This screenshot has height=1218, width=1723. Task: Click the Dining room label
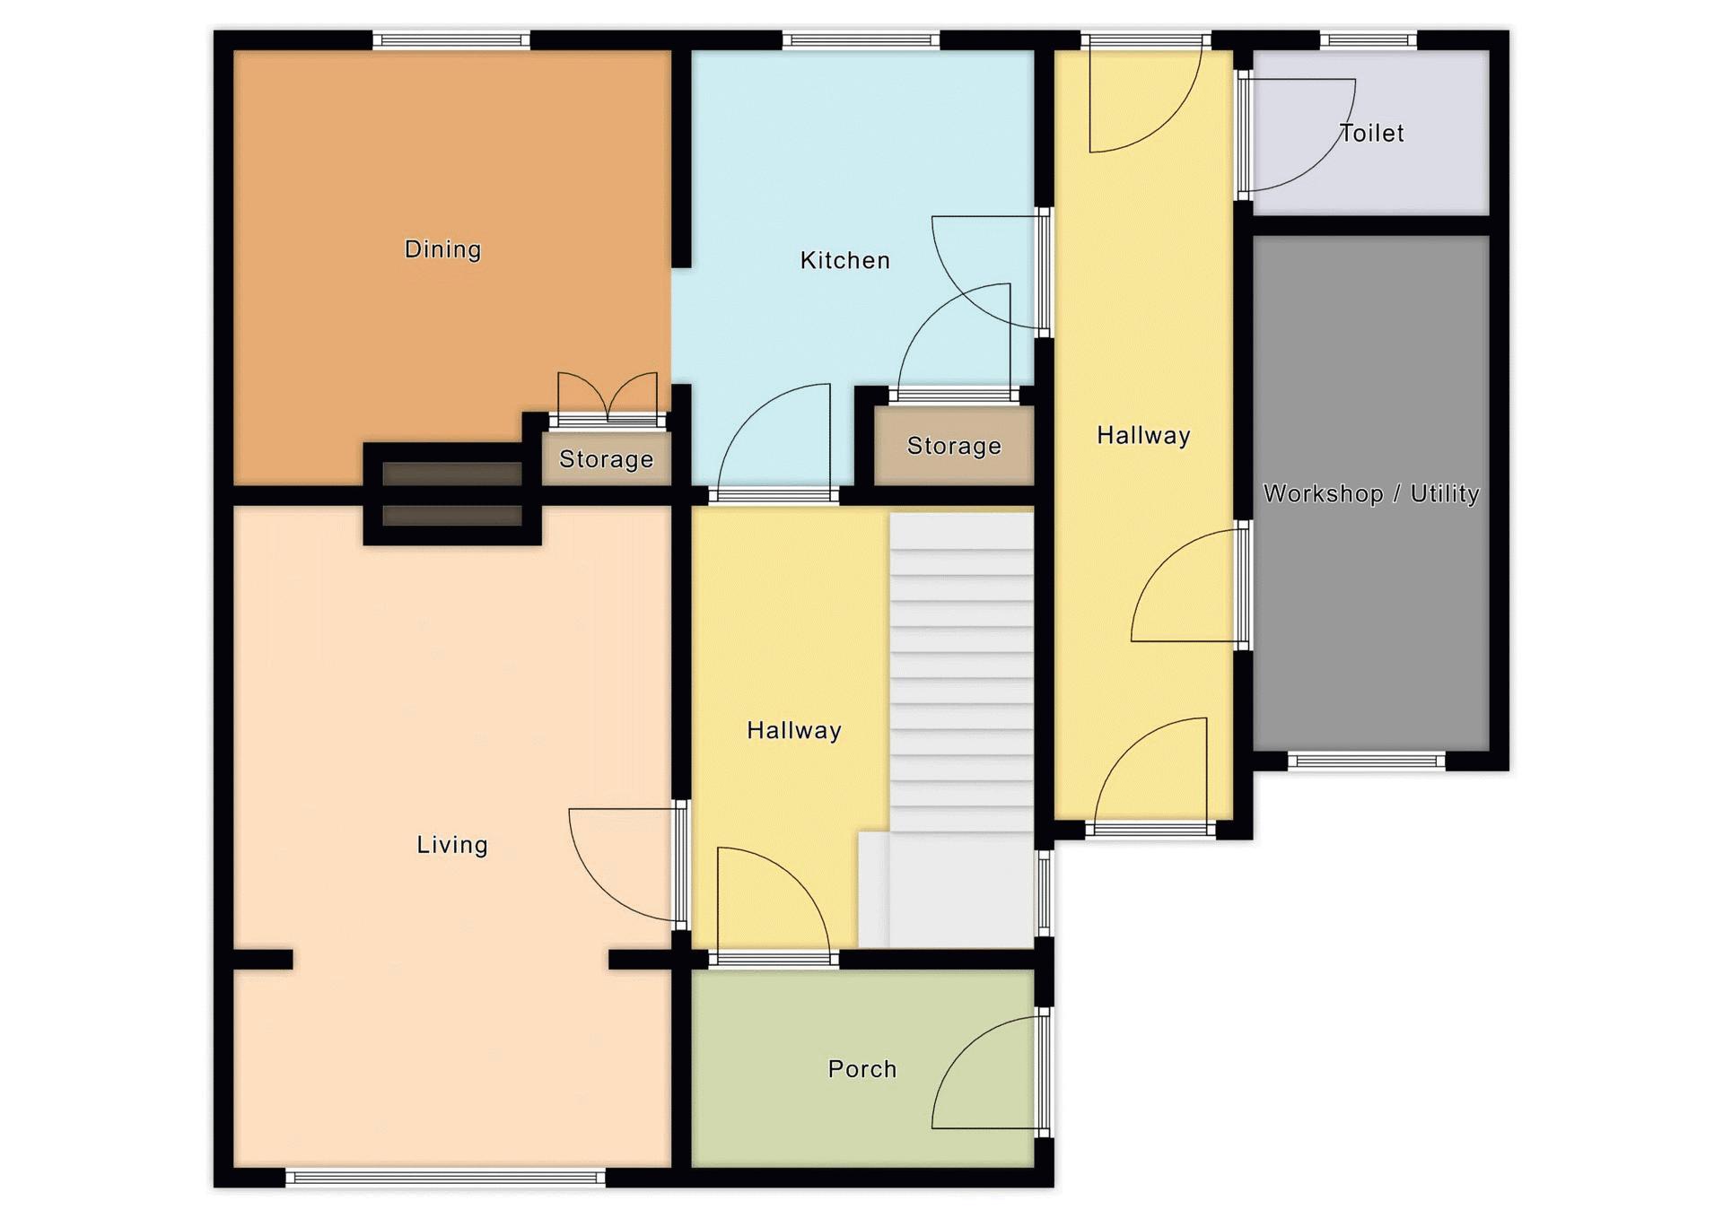pyautogui.click(x=442, y=248)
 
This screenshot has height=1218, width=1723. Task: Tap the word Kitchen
pyautogui.click(x=844, y=260)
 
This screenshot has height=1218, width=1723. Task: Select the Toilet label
pyautogui.click(x=1371, y=133)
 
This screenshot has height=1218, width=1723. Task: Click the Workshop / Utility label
pyautogui.click(x=1371, y=493)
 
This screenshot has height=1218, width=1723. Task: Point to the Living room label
pyautogui.click(x=452, y=844)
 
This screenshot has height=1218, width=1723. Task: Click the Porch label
pyautogui.click(x=862, y=1068)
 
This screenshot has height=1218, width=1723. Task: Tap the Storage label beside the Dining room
pyautogui.click(x=606, y=459)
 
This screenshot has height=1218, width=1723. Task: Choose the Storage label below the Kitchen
pyautogui.click(x=954, y=446)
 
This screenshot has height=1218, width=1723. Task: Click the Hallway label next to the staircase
pyautogui.click(x=794, y=730)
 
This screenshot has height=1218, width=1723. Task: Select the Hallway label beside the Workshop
pyautogui.click(x=1143, y=435)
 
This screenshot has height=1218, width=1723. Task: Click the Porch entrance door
pyautogui.click(x=987, y=1072)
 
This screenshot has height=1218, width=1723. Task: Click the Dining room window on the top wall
pyautogui.click(x=451, y=39)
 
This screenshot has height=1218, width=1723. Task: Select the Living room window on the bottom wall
pyautogui.click(x=446, y=1178)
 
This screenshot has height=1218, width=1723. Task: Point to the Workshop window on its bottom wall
pyautogui.click(x=1368, y=761)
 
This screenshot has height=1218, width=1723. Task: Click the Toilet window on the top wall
pyautogui.click(x=1368, y=39)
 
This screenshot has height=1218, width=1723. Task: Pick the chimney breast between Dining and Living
pyautogui.click(x=452, y=494)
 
